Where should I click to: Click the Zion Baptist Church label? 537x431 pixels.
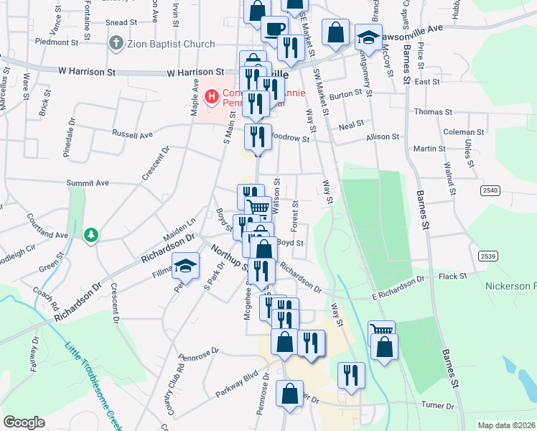[171, 44]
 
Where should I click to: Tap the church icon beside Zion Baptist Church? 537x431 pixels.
[115, 44]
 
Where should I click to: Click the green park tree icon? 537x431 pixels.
[91, 235]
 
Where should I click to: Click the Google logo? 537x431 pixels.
[24, 422]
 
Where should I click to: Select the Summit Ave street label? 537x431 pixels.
[87, 183]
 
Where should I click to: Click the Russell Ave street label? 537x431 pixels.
[133, 134]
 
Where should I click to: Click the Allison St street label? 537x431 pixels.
[383, 136]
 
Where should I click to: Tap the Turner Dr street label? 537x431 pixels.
[439, 406]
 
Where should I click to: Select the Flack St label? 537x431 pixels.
[453, 276]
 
